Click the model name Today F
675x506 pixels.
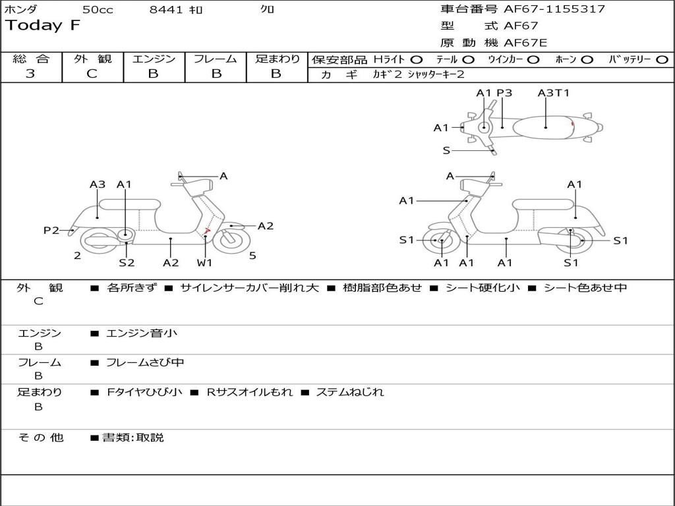(x=43, y=26)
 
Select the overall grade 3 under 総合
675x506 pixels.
(x=30, y=74)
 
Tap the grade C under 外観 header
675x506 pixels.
(x=92, y=74)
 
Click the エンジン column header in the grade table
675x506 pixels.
(x=154, y=59)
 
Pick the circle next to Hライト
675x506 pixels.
(x=417, y=60)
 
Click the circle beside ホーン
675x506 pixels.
(x=587, y=60)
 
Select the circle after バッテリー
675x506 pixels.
(x=662, y=60)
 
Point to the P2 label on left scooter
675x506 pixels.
(x=51, y=230)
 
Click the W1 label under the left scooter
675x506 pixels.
(x=205, y=262)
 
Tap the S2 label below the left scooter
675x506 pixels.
(x=127, y=262)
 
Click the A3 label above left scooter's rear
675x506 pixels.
(x=98, y=184)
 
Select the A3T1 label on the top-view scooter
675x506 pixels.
(x=553, y=93)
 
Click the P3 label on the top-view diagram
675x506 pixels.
(x=504, y=93)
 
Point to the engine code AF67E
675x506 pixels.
(x=525, y=43)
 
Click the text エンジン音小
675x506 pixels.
(x=142, y=333)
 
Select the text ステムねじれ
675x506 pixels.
(x=349, y=392)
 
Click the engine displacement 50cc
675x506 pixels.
(x=96, y=9)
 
